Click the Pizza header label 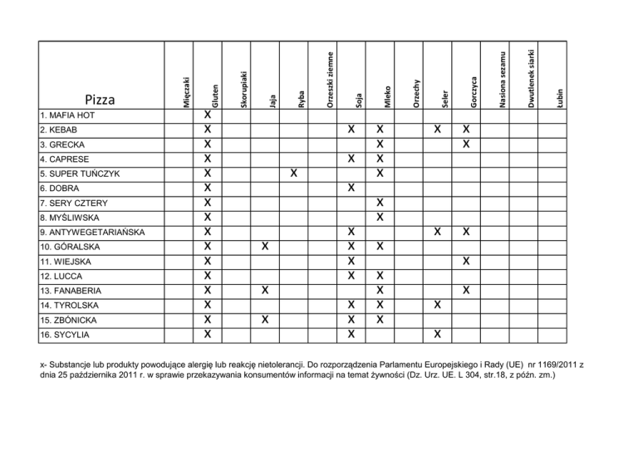point(100,100)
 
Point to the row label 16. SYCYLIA point(64,335)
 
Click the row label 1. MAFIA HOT point(66,115)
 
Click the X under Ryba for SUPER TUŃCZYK point(294,174)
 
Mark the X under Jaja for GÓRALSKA point(264,247)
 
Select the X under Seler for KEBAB point(437,130)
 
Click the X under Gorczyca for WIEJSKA point(467,262)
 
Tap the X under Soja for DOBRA point(351,189)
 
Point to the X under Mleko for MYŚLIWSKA point(380,218)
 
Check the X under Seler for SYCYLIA point(437,335)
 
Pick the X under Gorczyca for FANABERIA point(467,291)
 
